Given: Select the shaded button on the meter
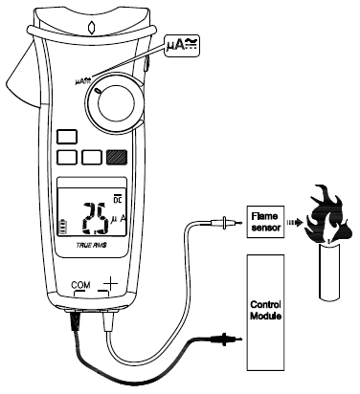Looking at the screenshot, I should pos(119,159).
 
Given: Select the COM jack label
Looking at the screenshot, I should pos(79,286).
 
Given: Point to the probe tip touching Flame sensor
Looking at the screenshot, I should pos(226,226).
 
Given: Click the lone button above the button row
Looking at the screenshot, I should pos(66,138).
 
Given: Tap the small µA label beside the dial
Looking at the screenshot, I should pos(81,81).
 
